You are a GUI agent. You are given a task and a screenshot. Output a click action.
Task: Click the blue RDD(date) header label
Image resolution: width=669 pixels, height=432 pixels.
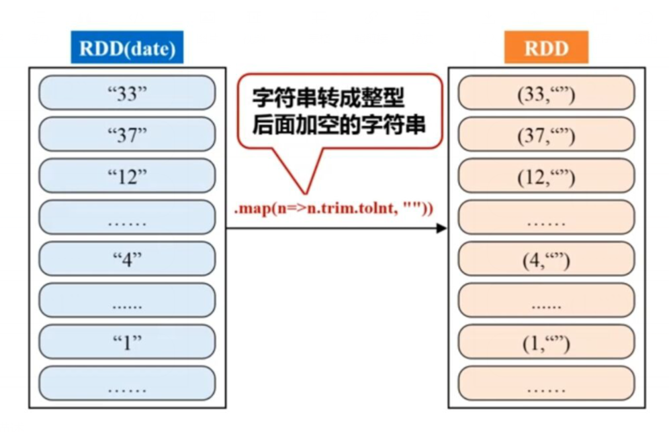[127, 48]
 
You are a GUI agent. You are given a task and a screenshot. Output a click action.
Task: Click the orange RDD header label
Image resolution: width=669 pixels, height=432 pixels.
[546, 48]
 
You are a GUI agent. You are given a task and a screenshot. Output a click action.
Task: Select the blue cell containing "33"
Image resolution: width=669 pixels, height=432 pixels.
[127, 93]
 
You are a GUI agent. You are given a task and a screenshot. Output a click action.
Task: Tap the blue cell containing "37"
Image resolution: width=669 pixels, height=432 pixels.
[127, 134]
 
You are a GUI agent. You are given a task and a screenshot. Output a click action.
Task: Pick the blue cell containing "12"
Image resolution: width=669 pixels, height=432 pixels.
[127, 176]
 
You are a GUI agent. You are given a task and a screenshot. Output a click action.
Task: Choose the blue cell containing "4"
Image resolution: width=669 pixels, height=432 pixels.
[127, 259]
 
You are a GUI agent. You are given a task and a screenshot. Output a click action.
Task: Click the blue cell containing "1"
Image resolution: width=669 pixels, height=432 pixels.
[127, 341]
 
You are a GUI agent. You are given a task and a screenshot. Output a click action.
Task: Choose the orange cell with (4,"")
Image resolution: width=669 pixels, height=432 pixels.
[546, 259]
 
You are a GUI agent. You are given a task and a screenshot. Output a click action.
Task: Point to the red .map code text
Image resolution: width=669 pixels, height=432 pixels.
[334, 209]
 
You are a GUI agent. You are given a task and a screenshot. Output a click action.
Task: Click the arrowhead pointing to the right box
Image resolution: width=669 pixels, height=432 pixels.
[441, 228]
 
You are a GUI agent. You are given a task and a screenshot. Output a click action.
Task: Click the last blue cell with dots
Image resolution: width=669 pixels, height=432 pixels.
[127, 383]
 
